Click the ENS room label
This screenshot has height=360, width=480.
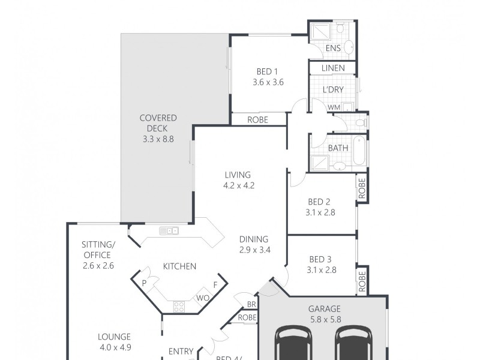(333, 48)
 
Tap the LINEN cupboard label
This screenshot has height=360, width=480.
(333, 68)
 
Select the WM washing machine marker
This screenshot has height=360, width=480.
(334, 107)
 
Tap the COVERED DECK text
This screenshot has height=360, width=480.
(158, 123)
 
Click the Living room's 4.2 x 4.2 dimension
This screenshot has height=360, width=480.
(239, 185)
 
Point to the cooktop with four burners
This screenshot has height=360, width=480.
(179, 306)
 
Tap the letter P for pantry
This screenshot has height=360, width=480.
(145, 283)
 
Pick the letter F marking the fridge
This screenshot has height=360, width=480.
(215, 285)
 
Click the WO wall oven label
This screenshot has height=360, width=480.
(202, 298)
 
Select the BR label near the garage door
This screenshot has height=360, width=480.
(251, 305)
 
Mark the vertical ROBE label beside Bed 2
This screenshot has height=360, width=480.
(362, 188)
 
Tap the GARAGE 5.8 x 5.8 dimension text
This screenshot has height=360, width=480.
(325, 320)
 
